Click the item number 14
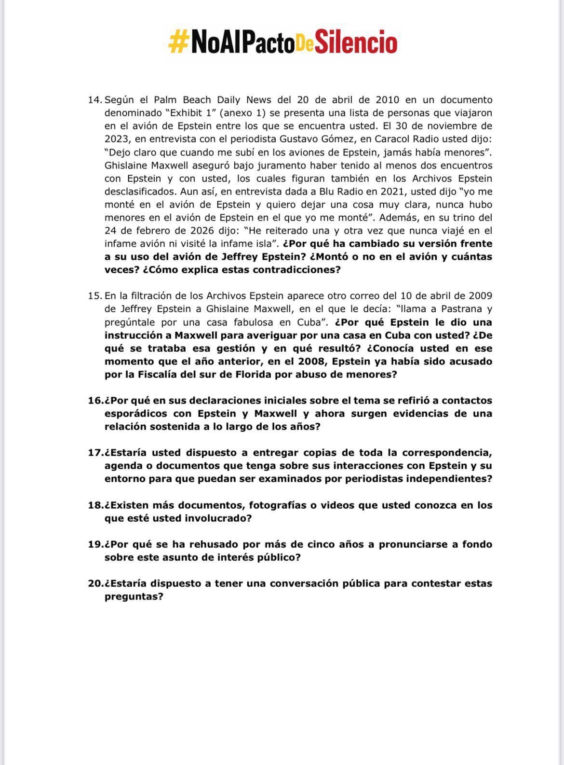[x=95, y=100]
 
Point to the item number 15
[x=95, y=295]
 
